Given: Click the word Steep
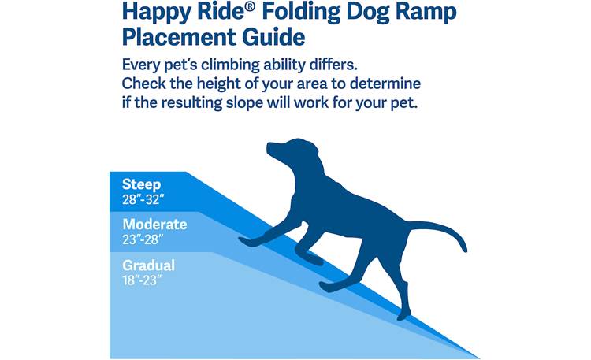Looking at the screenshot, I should click(x=142, y=184).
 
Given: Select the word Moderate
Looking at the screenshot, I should click(x=154, y=225).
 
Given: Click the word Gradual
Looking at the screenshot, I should click(x=148, y=265).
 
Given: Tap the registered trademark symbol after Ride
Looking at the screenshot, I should click(x=242, y=8).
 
